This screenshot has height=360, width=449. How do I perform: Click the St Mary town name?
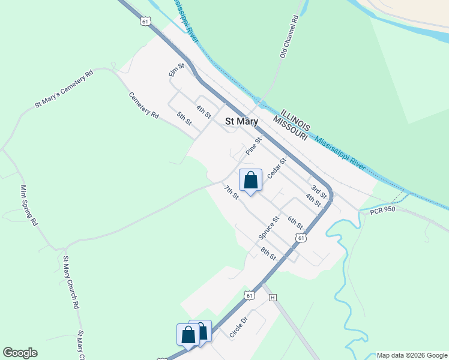pyautogui.click(x=241, y=121)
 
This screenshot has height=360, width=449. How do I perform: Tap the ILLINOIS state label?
pyautogui.click(x=295, y=119)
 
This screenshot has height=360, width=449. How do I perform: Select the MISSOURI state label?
pyautogui.click(x=290, y=128)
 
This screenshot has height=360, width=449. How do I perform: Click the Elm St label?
pyautogui.click(x=176, y=70)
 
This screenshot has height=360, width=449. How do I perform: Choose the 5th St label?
pyautogui.click(x=184, y=118)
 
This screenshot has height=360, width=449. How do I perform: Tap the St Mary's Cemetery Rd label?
pyautogui.click(x=64, y=89)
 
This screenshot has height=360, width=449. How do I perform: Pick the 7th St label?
pyautogui.click(x=232, y=193)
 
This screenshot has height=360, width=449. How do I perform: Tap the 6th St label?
pyautogui.click(x=295, y=223)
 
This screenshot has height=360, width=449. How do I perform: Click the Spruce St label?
pyautogui.click(x=270, y=228)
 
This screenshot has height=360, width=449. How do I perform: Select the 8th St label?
pyautogui.click(x=268, y=254)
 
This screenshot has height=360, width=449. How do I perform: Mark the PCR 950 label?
pyautogui.click(x=382, y=211)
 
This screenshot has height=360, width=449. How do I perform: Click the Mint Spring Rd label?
pyautogui.click(x=29, y=205)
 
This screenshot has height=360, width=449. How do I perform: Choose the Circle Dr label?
pyautogui.click(x=238, y=326)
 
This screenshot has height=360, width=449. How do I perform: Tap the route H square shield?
pyautogui.click(x=273, y=298)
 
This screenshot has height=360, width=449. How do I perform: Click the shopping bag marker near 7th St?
pyautogui.click(x=251, y=180)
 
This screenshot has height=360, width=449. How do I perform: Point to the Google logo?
pyautogui.click(x=20, y=353)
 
